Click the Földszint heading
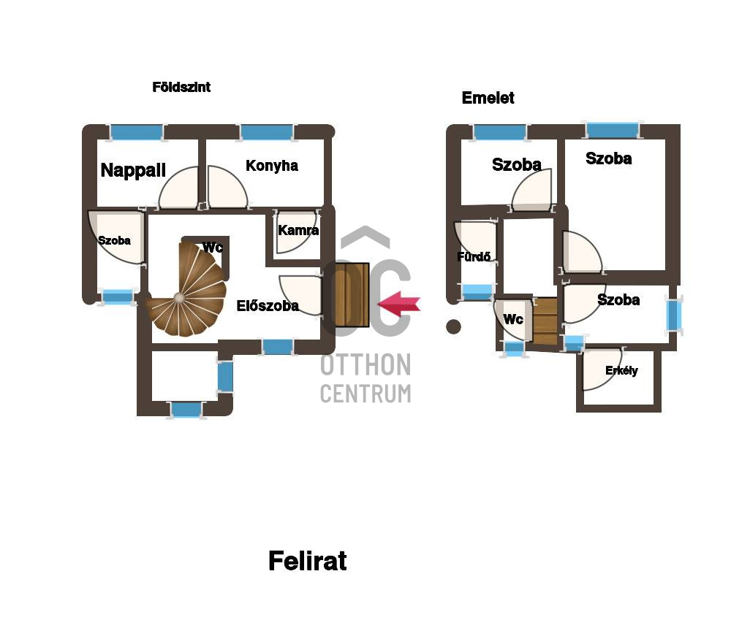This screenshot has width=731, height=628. click(181, 87)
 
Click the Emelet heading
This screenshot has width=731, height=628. click(488, 98)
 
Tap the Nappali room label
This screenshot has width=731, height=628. click(133, 170)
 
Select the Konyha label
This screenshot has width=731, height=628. click(272, 165)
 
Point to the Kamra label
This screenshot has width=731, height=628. click(298, 230)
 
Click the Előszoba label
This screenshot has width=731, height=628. click(268, 306)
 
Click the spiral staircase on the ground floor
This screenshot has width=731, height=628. click(186, 289)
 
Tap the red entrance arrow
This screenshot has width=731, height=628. click(398, 305)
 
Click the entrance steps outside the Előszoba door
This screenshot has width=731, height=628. click(352, 295)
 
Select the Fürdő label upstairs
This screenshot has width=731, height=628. click(474, 257)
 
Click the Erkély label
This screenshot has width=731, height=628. click(621, 371)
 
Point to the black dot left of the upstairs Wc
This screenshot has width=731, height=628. click(454, 326)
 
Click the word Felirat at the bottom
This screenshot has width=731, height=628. click(308, 560)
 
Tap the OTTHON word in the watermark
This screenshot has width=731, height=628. click(366, 365)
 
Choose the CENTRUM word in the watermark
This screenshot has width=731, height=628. click(366, 394)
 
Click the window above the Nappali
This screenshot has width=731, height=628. click(137, 132)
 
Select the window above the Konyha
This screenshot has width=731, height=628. click(267, 132)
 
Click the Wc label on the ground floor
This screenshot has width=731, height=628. click(213, 248)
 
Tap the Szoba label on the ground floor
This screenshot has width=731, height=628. click(114, 240)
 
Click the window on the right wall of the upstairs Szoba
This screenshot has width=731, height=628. click(674, 315)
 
